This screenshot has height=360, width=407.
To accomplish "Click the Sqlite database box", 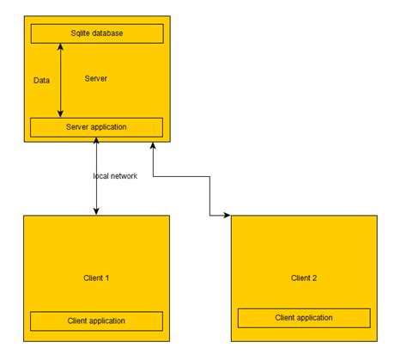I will point(96,34).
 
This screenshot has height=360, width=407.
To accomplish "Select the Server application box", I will point(96,127).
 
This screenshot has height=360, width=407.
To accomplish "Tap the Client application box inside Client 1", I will point(96,320).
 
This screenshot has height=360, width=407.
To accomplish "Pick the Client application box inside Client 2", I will point(304,317).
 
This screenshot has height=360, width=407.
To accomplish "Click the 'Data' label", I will point(41,79).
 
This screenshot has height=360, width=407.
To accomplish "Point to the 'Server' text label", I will point(96,78).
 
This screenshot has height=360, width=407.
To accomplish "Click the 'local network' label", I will point(115,175).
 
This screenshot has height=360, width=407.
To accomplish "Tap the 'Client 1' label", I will point(96,278).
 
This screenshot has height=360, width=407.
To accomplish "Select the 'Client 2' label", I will point(304,278).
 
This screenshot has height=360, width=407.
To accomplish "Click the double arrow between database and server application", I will point(61,80).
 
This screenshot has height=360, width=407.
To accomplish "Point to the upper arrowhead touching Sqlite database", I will point(61,46).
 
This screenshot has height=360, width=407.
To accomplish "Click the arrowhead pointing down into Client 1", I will point(96,211).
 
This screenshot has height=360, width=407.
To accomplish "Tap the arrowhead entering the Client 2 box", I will point(228,214).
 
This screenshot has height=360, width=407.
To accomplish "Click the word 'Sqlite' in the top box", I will point(82,34).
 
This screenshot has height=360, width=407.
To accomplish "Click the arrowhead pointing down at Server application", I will point(61,113).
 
